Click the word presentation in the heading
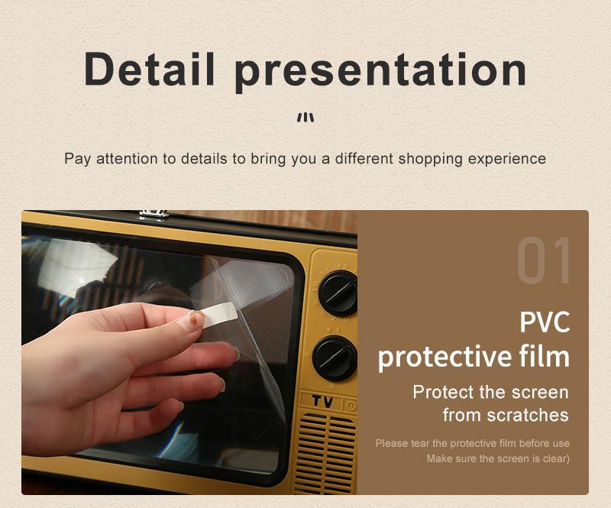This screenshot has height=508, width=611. (x=380, y=70)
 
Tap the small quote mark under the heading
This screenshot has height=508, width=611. (x=305, y=118)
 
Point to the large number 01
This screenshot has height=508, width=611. (x=545, y=262)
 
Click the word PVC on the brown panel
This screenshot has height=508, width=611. (x=545, y=322)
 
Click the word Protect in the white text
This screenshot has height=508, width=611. (x=443, y=393)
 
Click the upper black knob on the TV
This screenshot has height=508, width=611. (x=338, y=292)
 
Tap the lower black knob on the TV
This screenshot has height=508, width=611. (x=335, y=358)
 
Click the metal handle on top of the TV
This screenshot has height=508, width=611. (x=154, y=213)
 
